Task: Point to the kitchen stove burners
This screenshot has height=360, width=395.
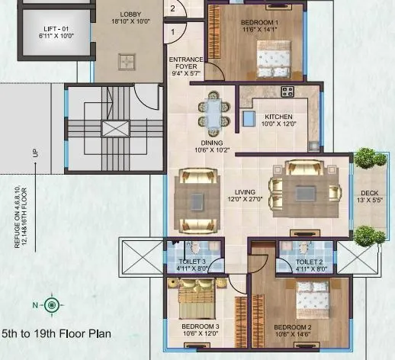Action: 287,92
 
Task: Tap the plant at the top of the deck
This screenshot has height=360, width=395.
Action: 369,158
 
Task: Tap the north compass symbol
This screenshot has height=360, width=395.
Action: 51,305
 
